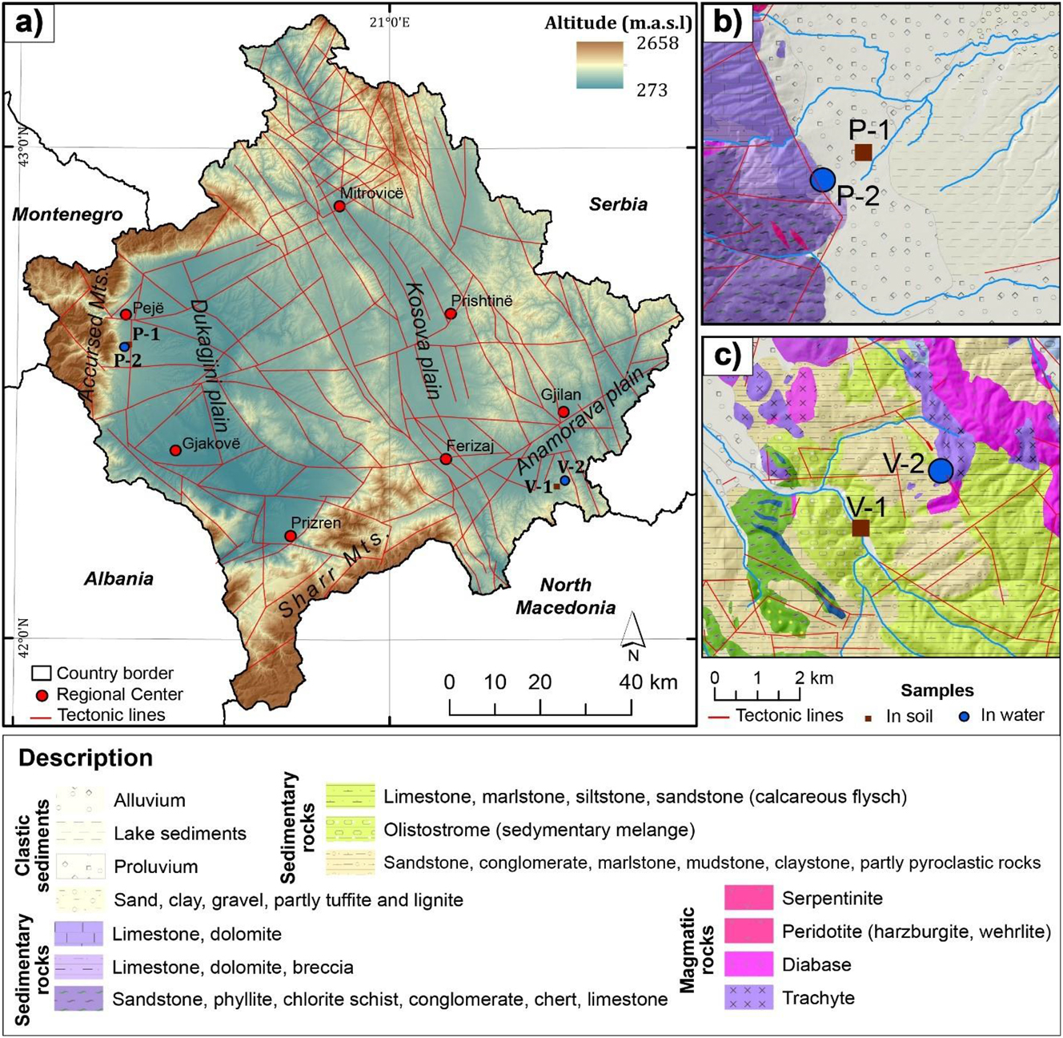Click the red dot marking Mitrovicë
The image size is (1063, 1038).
[x=339, y=207]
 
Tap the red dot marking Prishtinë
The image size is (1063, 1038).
[x=451, y=314]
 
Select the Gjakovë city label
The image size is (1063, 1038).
[x=211, y=444]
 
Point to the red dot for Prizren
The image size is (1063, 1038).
[x=291, y=536]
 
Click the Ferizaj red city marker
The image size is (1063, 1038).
[x=446, y=459]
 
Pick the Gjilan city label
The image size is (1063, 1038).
[x=561, y=395]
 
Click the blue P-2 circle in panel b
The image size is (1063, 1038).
[x=822, y=179]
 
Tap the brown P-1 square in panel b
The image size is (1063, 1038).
[x=863, y=152]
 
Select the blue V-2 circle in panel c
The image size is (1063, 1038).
[x=941, y=470]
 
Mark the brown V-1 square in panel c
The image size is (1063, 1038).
[x=860, y=528]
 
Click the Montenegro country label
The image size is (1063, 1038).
[x=68, y=215]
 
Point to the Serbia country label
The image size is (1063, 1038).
[x=618, y=204]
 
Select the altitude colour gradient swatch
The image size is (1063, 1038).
[x=600, y=65]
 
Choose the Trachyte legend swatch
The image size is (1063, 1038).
[x=748, y=998]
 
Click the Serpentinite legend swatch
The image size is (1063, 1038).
[x=748, y=898]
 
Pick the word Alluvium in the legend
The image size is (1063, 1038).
[x=150, y=800]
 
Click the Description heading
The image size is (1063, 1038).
[x=86, y=758]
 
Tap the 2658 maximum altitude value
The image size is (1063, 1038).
[x=657, y=43]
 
